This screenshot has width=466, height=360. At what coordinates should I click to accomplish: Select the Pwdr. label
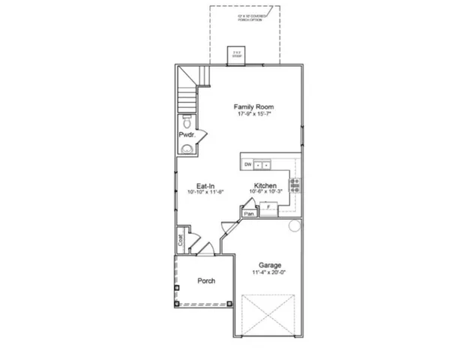coord(187,134)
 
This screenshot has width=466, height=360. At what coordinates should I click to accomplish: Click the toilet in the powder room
coord(187,122)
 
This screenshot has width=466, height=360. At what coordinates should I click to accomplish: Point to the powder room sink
coord(187,148)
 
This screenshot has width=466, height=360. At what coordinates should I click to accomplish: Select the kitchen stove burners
coord(295,184)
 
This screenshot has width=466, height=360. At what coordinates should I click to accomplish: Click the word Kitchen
coord(265,185)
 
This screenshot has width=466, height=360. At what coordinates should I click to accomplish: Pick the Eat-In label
coord(207,185)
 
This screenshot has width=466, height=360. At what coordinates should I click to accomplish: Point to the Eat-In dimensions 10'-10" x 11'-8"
coord(207,193)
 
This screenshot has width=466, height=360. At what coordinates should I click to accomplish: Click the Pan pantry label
coord(247,214)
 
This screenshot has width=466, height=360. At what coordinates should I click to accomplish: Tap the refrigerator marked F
coord(268,208)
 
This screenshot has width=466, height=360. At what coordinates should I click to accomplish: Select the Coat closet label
coord(181,241)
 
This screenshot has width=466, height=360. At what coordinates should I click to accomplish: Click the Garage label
coord(270,265)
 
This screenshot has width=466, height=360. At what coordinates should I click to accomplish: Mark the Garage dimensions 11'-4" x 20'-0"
coord(270,274)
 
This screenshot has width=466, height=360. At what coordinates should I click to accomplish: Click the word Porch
coord(206,281)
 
